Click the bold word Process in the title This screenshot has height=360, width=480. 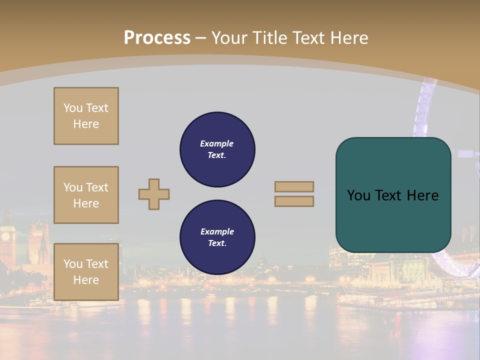(157, 38)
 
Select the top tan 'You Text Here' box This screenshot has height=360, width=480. (86, 116)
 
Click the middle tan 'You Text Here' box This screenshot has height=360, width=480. (86, 195)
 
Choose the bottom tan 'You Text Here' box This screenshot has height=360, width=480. (86, 272)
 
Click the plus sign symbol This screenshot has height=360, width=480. (154, 194)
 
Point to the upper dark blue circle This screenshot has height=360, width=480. (217, 149)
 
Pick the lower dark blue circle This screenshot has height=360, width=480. (217, 237)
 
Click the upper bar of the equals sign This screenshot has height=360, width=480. (294, 186)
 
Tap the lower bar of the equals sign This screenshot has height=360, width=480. (294, 201)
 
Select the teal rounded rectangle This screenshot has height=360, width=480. (393, 194)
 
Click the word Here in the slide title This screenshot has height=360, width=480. (348, 38)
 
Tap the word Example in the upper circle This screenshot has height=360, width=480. (217, 143)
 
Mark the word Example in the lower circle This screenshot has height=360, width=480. (217, 231)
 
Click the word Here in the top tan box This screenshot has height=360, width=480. (86, 124)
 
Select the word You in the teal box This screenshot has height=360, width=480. (358, 195)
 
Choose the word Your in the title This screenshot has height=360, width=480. (229, 38)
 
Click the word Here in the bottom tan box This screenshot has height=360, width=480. (86, 280)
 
